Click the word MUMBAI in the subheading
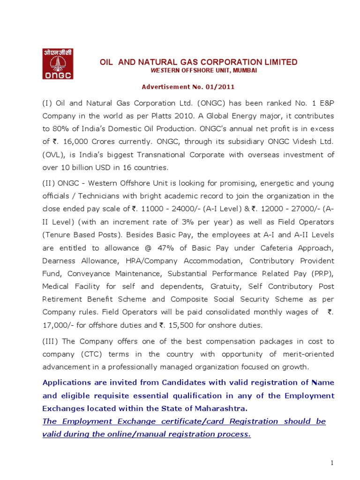click(x=243, y=70)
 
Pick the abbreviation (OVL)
click(x=52, y=155)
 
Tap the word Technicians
click(x=96, y=196)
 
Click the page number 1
click(x=331, y=463)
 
